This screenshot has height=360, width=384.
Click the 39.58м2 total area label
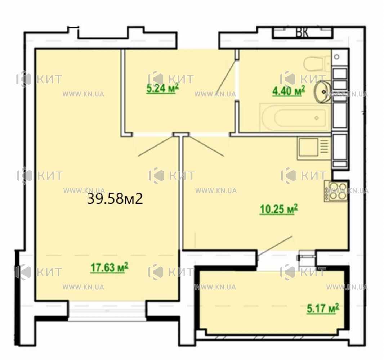115,199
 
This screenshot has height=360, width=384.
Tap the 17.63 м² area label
110,267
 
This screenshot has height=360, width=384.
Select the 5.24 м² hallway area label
162,88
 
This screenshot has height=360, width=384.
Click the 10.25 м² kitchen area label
278,209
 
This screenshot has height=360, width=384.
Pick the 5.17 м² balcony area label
323,308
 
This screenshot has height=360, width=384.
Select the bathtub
295,118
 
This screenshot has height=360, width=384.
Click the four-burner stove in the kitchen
336,191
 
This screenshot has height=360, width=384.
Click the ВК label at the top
302,32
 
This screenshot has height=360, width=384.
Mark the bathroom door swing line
226,76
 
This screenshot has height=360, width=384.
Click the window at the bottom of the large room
107,311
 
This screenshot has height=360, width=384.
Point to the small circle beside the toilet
337,57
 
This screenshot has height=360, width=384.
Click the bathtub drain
316,118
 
